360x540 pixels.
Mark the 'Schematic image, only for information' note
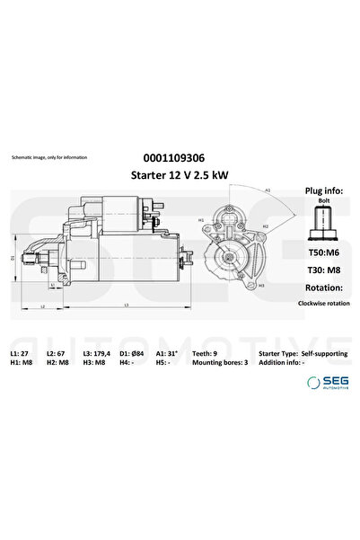coord(48,157)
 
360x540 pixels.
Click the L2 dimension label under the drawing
coord(43,307)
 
